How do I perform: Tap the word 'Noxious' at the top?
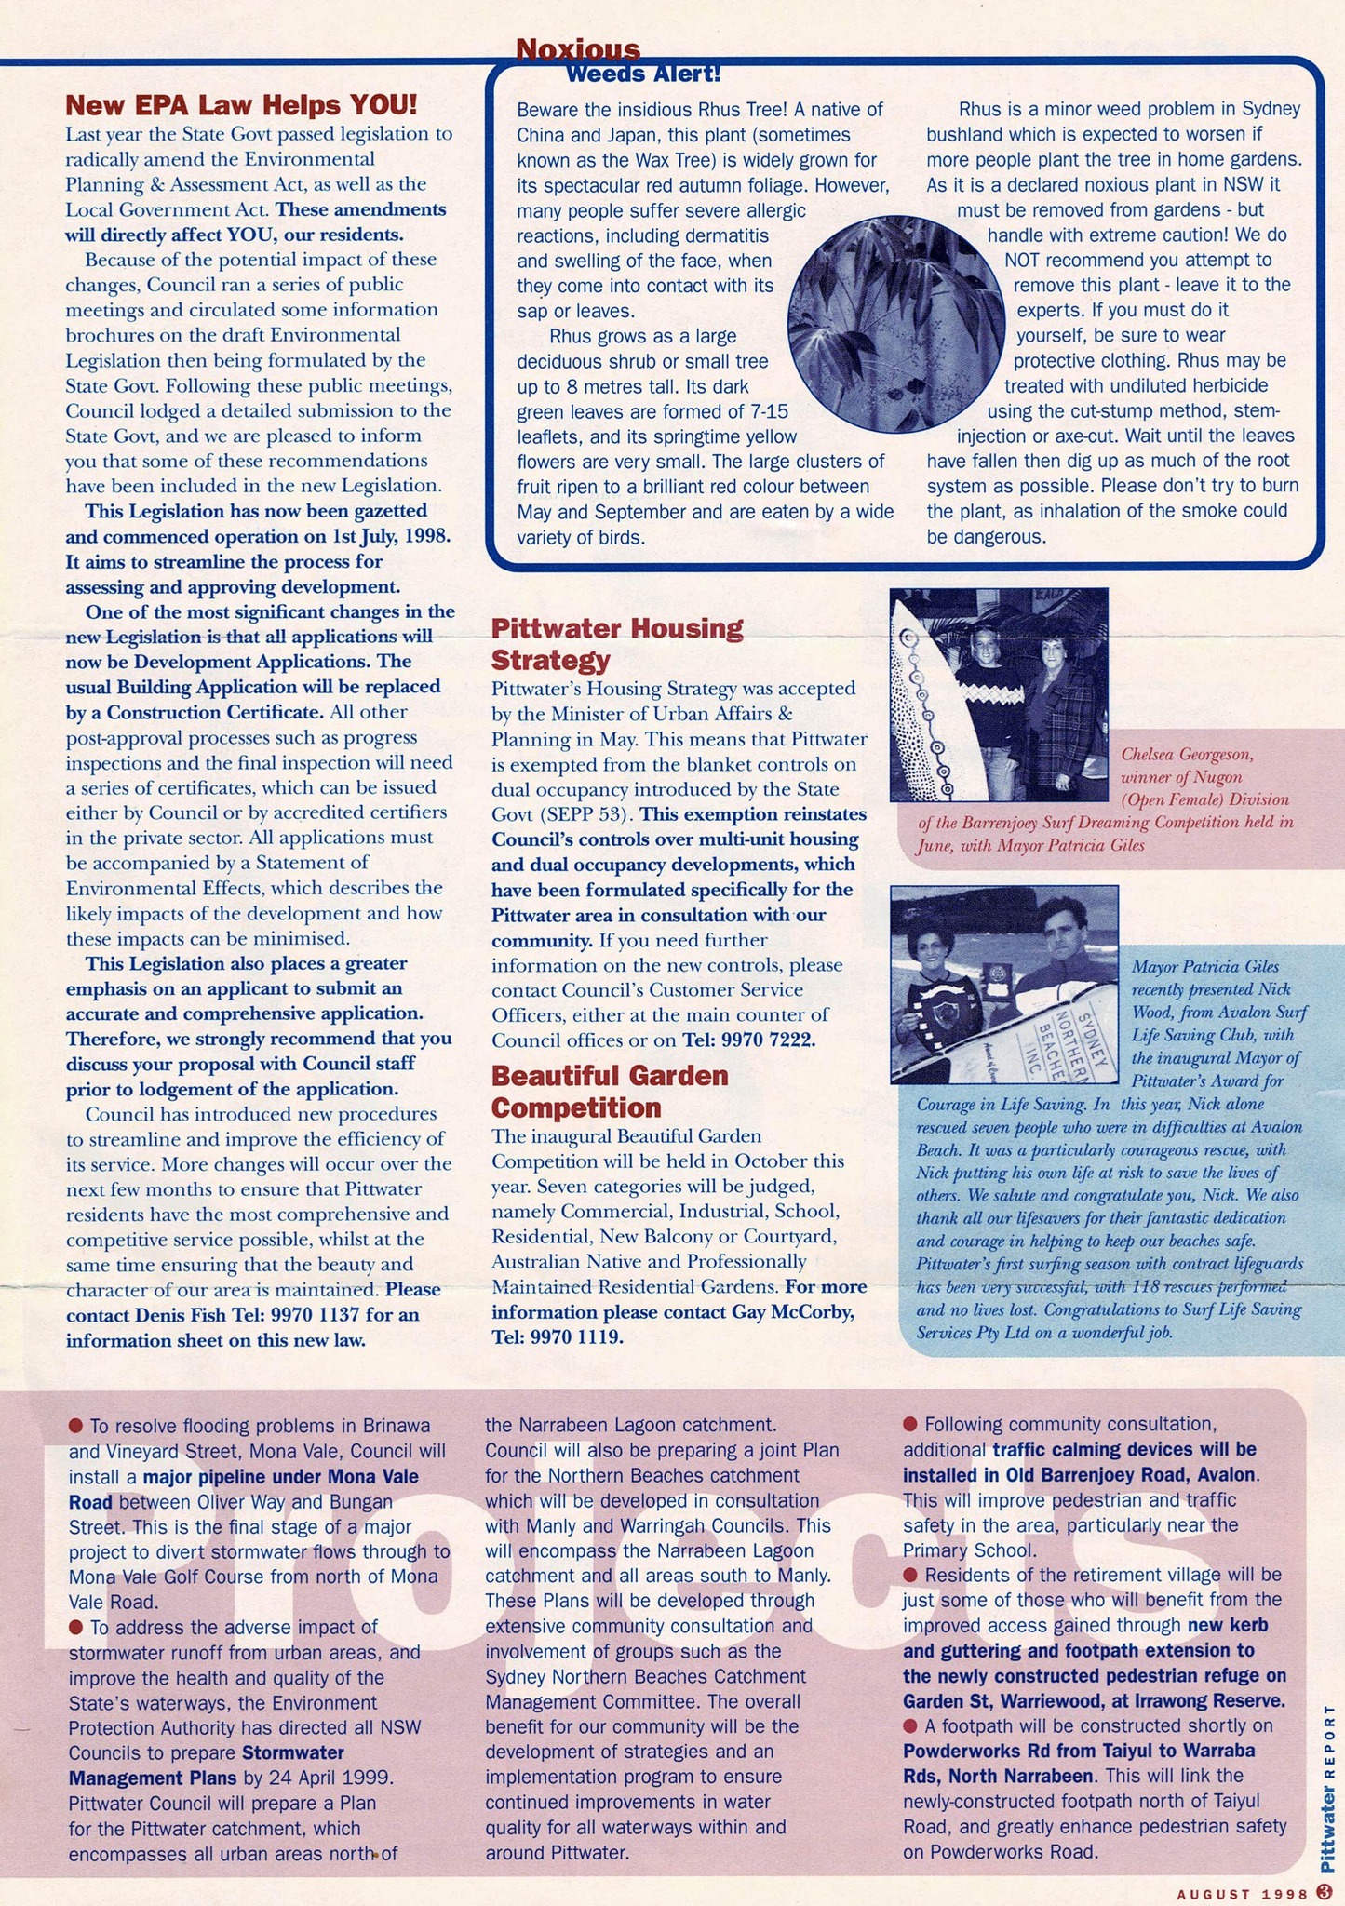point(577,48)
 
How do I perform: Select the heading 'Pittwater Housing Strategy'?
point(616,644)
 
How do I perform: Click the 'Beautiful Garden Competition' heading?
point(609,1092)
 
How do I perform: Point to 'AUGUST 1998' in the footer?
point(1243,1893)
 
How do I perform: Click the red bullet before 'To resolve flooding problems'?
point(76,1425)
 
